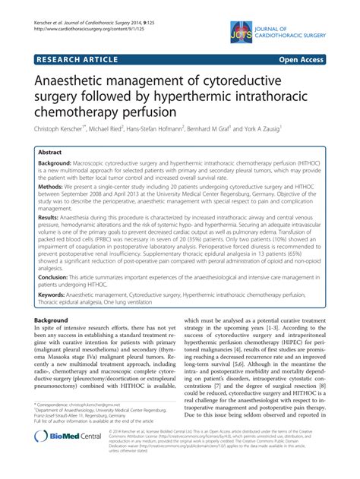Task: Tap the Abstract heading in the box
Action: (58, 151)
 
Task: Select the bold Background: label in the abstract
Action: (64, 165)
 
